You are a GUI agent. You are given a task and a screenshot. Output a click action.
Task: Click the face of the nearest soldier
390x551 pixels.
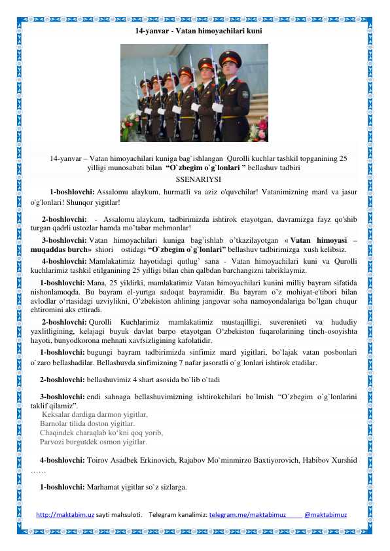(230, 70)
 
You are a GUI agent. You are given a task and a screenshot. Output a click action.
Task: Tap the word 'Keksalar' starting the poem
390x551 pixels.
(58, 414)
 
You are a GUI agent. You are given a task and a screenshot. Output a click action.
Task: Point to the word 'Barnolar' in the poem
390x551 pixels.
(54, 423)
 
